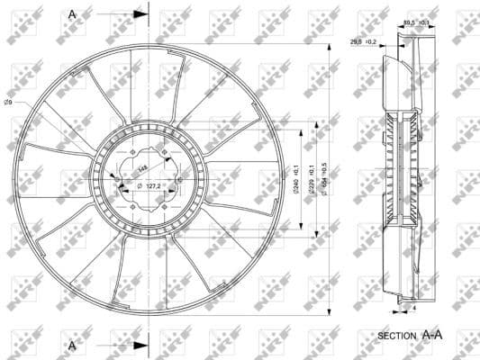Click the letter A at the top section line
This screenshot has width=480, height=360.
click(x=73, y=15)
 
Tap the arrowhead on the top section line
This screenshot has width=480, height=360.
click(x=138, y=15)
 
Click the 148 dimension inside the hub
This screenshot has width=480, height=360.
click(x=140, y=167)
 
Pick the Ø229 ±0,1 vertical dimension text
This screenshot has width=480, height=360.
click(x=312, y=178)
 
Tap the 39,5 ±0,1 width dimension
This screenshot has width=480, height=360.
click(x=415, y=22)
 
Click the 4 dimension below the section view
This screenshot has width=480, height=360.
click(x=414, y=308)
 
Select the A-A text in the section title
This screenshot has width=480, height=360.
click(x=432, y=334)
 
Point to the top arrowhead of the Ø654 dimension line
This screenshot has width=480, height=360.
click(x=335, y=39)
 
